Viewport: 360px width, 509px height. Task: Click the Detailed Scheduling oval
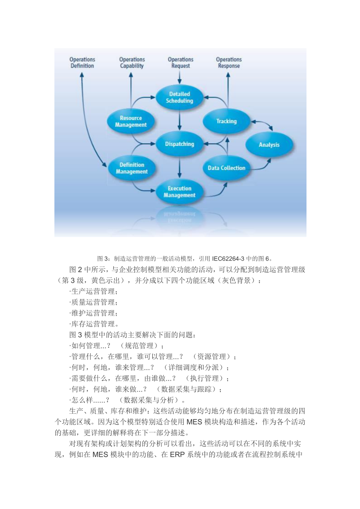pyautogui.click(x=180, y=97)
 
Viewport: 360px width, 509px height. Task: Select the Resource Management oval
pyautogui.click(x=131, y=121)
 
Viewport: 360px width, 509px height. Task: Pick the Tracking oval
pyautogui.click(x=226, y=121)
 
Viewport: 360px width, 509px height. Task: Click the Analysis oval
pyautogui.click(x=269, y=145)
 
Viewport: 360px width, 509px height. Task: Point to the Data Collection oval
pyautogui.click(x=226, y=168)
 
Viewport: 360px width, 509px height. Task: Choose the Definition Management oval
pyautogui.click(x=131, y=168)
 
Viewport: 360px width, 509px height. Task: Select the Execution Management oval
pyautogui.click(x=180, y=192)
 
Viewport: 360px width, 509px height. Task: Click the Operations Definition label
pyautogui.click(x=82, y=63)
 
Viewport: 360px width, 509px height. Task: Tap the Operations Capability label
pyautogui.click(x=132, y=63)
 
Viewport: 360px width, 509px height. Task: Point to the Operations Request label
pyautogui.click(x=180, y=63)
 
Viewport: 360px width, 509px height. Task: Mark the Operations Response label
pyautogui.click(x=229, y=63)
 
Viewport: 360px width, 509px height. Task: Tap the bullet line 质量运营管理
pyautogui.click(x=94, y=302)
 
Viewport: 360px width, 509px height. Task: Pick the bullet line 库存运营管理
pyautogui.click(x=94, y=324)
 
